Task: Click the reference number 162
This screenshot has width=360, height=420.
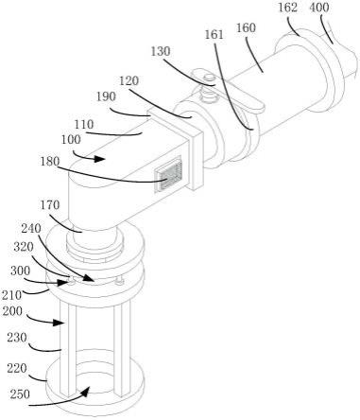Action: click(287, 8)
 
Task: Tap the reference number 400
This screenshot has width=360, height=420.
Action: click(319, 8)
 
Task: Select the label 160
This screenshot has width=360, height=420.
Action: click(246, 27)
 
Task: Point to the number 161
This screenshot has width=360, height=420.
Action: click(214, 34)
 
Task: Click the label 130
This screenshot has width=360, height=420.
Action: click(161, 51)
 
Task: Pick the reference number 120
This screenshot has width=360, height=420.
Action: click(129, 80)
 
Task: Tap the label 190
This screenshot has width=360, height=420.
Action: click(106, 96)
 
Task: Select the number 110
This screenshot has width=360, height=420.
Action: click(84, 124)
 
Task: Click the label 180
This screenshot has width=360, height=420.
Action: click(50, 162)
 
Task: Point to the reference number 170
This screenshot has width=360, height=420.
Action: click(50, 205)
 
